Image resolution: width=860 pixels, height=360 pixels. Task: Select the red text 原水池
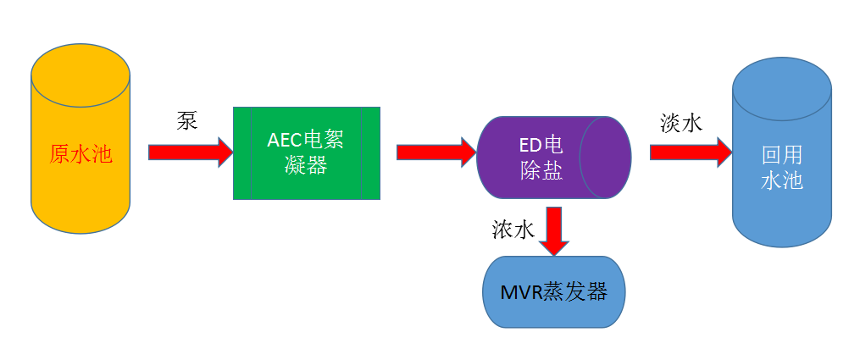[80, 154]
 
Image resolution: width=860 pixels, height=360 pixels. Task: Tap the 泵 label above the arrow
[186, 120]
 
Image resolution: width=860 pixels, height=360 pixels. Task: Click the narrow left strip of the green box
[242, 153]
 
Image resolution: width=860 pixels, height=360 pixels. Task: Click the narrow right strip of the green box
[370, 153]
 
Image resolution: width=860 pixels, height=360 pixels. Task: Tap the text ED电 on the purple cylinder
[540, 144]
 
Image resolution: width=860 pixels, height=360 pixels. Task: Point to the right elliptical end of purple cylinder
[605, 157]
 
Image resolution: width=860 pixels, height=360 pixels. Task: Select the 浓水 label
[513, 230]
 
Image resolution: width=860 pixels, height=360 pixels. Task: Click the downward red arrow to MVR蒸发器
[554, 230]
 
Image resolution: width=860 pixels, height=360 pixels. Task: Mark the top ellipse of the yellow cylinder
[80, 75]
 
